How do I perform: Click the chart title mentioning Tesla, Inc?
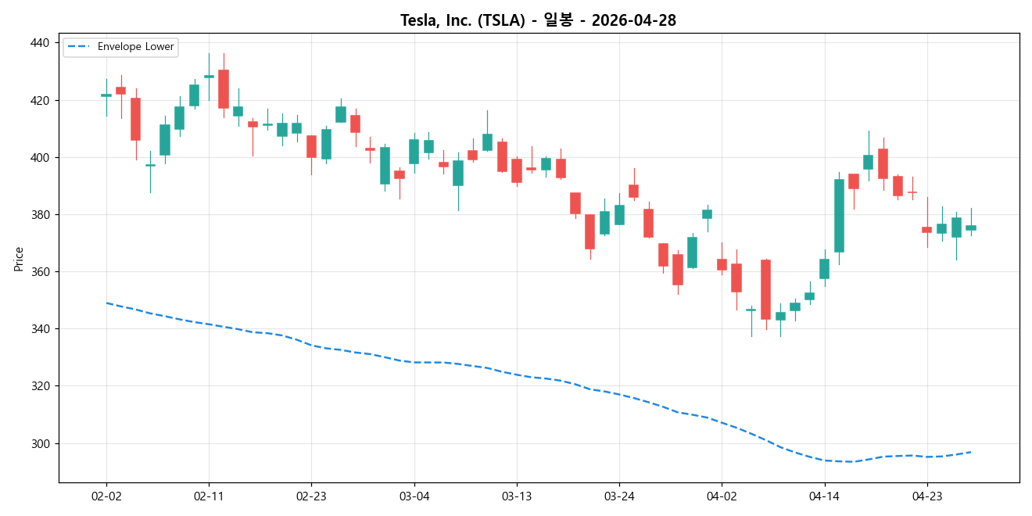[538, 20]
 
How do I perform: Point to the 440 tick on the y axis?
[39, 43]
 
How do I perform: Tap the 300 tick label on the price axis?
[39, 443]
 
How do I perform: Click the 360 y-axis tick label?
[39, 271]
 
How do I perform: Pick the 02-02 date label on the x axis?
[106, 496]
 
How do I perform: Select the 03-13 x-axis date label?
[517, 496]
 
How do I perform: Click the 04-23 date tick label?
[926, 496]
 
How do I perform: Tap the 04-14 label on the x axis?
[824, 496]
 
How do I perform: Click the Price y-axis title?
[19, 259]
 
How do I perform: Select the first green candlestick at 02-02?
[106, 95]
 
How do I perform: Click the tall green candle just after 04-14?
[839, 216]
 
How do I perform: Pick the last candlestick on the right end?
[971, 228]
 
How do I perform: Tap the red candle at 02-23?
[311, 146]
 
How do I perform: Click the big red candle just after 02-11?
[224, 88]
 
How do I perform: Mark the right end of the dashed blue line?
[971, 452]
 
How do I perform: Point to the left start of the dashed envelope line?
[106, 303]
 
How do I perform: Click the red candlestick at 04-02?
[722, 264]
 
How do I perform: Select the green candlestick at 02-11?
[209, 76]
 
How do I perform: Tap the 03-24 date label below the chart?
[619, 496]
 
